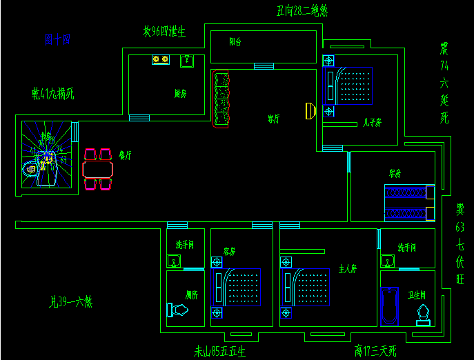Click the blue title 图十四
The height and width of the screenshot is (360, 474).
(x=57, y=40)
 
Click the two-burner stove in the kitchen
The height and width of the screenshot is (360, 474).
(x=161, y=61)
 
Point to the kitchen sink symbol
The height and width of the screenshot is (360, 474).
(x=186, y=61)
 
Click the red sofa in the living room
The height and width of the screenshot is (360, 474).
(x=221, y=99)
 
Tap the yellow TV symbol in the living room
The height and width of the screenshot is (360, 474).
(x=310, y=110)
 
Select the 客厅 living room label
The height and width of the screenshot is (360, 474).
(x=273, y=119)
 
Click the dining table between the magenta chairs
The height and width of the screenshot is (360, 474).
(x=97, y=169)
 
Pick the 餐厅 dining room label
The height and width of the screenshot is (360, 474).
(x=125, y=155)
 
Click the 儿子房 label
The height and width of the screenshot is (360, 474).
(x=373, y=123)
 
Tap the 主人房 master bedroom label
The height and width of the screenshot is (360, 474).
(x=347, y=269)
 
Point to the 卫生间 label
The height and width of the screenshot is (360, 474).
(x=417, y=295)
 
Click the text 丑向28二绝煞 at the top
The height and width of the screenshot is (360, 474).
(x=302, y=10)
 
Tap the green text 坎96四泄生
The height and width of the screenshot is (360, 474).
(x=164, y=32)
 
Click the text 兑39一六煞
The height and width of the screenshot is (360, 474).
(x=71, y=301)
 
